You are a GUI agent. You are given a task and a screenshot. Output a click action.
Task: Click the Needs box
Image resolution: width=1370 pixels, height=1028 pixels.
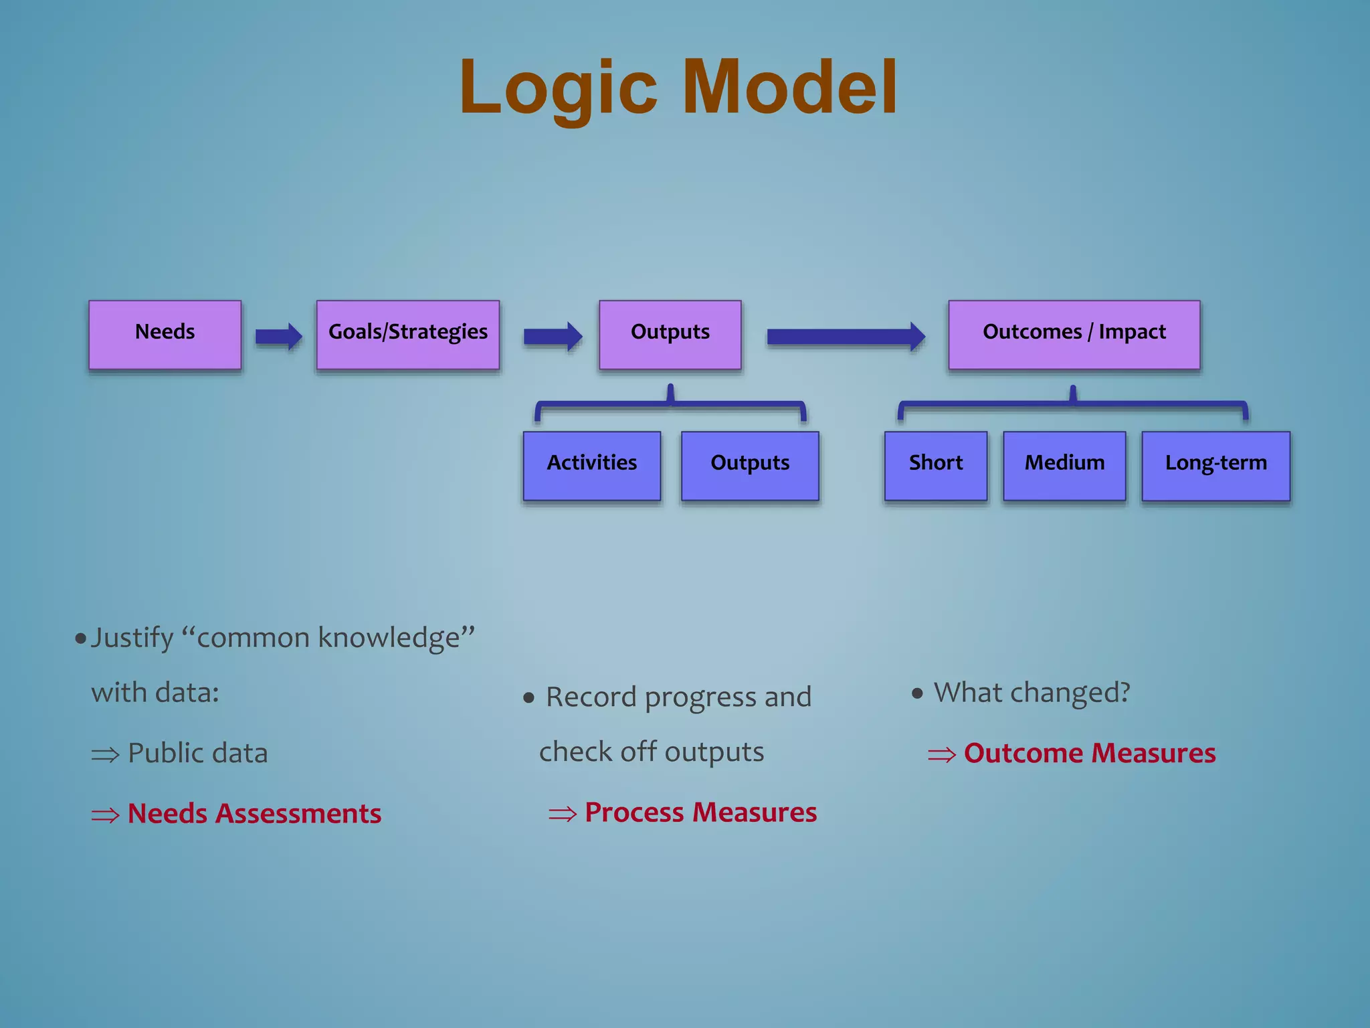pos(165,334)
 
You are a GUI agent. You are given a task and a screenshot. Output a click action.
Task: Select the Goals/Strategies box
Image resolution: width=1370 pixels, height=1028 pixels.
pos(407,334)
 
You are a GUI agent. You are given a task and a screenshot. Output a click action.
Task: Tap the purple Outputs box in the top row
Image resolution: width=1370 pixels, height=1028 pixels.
pos(670,334)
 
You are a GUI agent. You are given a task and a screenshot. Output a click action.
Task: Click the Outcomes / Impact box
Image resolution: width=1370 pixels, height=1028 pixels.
pos(1074,334)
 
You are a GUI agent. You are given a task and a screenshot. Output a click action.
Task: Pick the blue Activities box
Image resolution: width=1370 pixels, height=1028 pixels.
pos(591,465)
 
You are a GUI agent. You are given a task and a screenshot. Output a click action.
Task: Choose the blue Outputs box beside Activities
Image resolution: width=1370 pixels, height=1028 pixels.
pos(749,465)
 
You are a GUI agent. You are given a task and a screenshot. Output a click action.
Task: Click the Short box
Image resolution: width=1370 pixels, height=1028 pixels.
pos(935,465)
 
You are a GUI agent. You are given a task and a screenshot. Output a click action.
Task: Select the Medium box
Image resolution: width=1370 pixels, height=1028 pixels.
pos(1064,465)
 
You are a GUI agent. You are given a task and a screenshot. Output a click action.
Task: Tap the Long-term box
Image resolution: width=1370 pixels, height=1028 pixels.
pos(1215,465)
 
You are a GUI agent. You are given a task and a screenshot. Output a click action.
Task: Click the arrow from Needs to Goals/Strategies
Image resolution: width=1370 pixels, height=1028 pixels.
pos(278,336)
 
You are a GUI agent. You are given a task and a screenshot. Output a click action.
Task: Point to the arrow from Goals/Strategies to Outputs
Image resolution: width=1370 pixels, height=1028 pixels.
pos(552,336)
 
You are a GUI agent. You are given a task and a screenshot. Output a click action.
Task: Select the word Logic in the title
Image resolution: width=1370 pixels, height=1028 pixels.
pos(559,88)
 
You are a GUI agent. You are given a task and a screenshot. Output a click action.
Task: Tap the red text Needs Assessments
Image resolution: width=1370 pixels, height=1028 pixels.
pos(254,814)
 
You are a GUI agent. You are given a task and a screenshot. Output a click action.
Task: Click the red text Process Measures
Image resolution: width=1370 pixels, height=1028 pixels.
pos(700,812)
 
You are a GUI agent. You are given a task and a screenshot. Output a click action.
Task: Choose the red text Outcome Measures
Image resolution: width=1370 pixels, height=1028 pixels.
pos(1089,754)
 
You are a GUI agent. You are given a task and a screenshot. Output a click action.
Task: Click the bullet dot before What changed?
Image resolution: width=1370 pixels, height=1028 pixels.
pos(917,693)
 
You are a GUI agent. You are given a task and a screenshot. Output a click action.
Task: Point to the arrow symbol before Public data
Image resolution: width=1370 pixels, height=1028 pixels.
pos(105,756)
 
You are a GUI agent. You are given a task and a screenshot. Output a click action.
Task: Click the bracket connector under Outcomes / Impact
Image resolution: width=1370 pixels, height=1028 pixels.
pos(1072,404)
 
